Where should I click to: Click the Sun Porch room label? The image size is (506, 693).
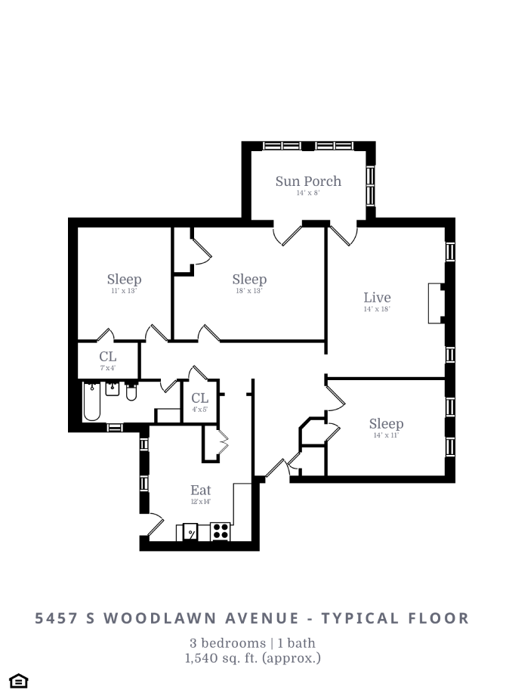(307, 181)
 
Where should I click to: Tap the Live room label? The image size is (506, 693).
(377, 297)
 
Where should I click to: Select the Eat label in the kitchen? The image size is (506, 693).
(200, 490)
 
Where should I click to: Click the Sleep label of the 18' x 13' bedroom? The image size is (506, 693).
(249, 280)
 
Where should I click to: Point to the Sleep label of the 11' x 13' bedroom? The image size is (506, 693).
(124, 280)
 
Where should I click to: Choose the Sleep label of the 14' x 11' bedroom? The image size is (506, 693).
(386, 423)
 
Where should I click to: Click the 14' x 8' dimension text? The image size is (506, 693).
(307, 193)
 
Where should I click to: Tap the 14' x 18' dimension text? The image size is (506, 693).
(377, 309)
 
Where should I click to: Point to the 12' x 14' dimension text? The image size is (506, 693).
(200, 501)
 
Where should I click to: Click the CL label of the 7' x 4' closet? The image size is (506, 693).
(108, 356)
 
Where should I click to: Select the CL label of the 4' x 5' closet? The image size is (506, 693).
(199, 398)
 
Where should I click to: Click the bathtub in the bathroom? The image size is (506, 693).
(92, 401)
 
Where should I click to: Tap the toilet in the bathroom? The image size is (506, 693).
(131, 391)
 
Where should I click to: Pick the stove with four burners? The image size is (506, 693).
(221, 531)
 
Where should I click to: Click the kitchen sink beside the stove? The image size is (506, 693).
(191, 532)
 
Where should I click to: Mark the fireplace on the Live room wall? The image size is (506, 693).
(434, 303)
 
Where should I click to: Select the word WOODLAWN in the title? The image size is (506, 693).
(156, 618)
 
